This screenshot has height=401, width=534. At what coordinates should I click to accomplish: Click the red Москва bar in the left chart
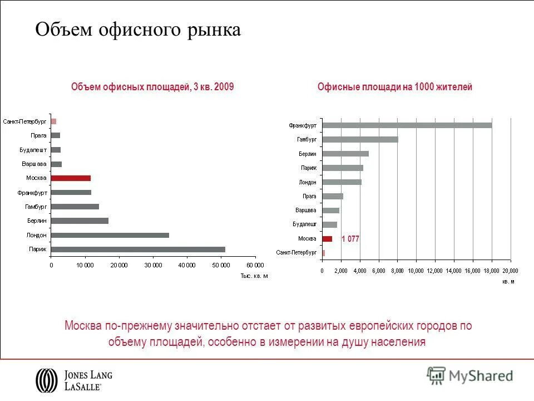[71, 178]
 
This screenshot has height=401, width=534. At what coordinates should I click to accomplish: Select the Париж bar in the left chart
[138, 249]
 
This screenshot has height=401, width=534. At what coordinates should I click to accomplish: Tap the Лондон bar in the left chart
[110, 235]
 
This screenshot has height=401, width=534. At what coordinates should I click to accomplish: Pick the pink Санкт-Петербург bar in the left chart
[53, 121]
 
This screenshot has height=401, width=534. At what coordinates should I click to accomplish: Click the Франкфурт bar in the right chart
[407, 125]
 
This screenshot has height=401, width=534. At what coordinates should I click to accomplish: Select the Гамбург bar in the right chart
[360, 139]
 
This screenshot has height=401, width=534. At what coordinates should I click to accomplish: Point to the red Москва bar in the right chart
[327, 238]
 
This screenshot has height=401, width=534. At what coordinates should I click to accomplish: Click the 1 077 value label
[350, 238]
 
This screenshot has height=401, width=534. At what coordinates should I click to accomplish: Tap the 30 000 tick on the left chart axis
[153, 265]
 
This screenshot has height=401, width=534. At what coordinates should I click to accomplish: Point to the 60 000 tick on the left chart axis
[255, 265]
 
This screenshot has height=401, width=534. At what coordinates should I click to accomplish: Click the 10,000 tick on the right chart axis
[416, 271]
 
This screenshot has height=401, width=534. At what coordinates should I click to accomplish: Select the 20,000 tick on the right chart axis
[510, 271]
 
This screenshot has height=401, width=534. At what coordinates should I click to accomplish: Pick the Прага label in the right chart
[309, 196]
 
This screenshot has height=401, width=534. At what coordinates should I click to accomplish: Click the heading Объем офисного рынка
[138, 30]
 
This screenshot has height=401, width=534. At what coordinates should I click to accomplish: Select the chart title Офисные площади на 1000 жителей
[395, 87]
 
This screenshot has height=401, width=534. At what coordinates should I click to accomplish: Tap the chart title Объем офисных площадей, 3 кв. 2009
[152, 87]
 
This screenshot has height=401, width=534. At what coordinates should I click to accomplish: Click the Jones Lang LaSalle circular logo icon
[46, 380]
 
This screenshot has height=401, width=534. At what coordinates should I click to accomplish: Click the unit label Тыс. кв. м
[254, 276]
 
